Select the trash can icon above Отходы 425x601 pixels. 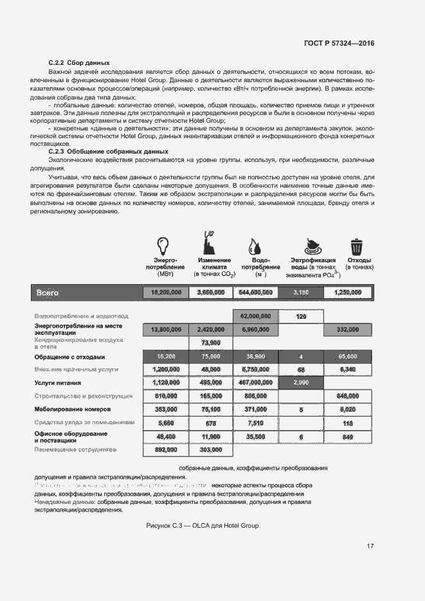[x=356, y=246]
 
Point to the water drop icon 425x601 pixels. [x=254, y=246]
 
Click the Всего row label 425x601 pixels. [x=48, y=292]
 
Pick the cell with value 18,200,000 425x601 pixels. [x=165, y=292]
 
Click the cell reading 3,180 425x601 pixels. [x=301, y=292]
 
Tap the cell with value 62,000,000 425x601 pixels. [x=255, y=316]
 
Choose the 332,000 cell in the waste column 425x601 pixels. [x=347, y=330]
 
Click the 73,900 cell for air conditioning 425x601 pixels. [x=211, y=343]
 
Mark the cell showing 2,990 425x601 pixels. [x=301, y=382]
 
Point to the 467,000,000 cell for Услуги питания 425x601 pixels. [x=255, y=382]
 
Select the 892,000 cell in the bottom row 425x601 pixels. [x=165, y=450]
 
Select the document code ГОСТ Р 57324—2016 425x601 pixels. [x=339, y=43]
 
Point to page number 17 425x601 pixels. [x=370, y=546]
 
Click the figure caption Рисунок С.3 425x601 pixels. [x=203, y=525]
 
